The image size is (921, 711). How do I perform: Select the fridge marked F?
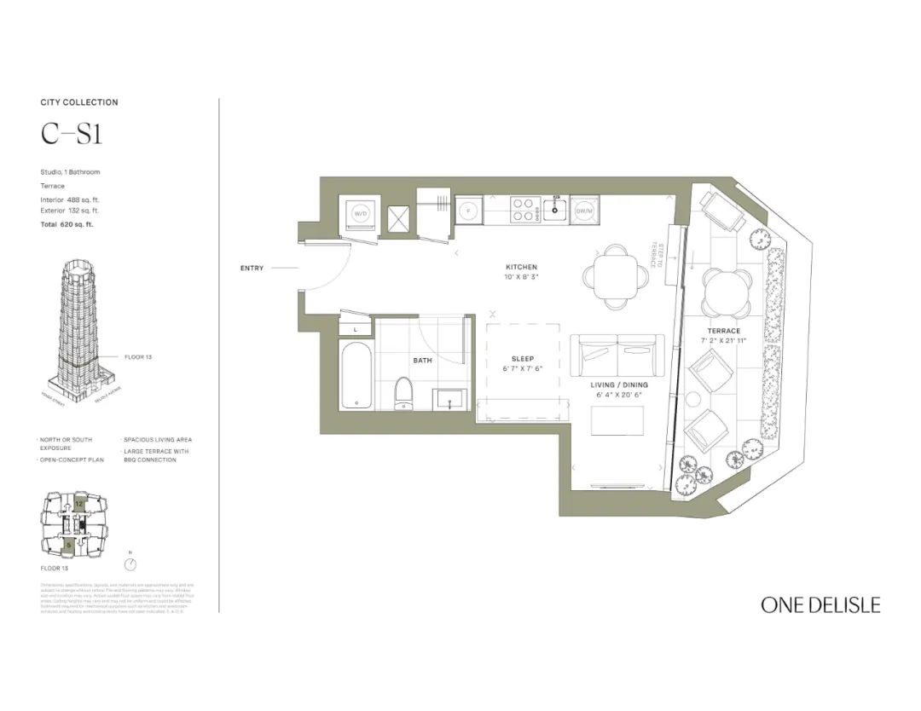pos(468,210)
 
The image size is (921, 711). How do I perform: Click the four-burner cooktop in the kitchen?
pos(524,210)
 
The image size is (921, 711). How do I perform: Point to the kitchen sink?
pos(555,210)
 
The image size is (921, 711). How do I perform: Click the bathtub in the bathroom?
pos(356,376)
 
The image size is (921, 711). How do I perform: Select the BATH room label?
pos(423,361)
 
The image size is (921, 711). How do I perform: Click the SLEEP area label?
pos(523,359)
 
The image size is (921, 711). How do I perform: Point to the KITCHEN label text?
pos(521,268)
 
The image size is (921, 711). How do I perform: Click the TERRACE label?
pos(723,331)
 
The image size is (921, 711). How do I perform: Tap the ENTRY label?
pos(252,269)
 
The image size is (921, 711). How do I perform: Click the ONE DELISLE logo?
pos(820,605)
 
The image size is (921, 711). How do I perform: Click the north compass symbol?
pos(130,564)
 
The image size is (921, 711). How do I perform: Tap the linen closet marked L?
pos(356,328)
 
